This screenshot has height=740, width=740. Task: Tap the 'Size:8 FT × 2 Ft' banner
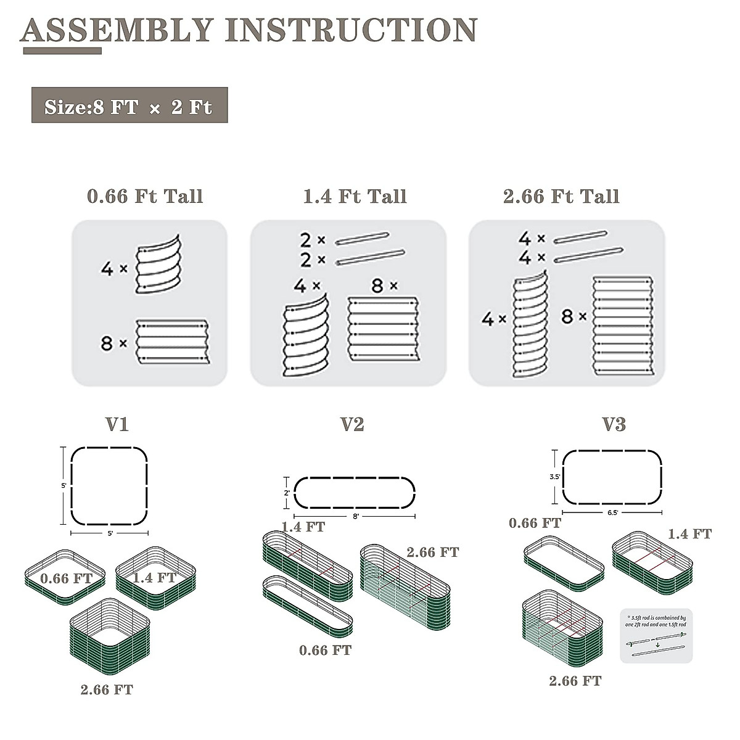[x=129, y=106]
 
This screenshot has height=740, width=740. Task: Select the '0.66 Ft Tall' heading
[x=145, y=197]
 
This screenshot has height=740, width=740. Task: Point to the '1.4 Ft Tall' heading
[x=355, y=197]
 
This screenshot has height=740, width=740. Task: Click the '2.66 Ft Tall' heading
[x=561, y=197]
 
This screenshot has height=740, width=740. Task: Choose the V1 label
[x=117, y=424]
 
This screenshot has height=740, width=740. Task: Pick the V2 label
[x=352, y=424]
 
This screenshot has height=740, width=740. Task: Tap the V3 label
[x=614, y=424]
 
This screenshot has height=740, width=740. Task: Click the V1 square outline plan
[x=110, y=485]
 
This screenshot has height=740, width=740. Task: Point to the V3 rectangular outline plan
[x=612, y=477]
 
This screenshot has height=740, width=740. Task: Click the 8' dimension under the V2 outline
[x=355, y=516]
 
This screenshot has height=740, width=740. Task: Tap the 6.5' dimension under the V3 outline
[x=612, y=511]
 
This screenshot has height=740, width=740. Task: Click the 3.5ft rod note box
[x=656, y=635]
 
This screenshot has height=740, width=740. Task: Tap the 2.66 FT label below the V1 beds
[x=107, y=689]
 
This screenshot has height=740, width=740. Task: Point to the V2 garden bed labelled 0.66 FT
[x=307, y=606]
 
